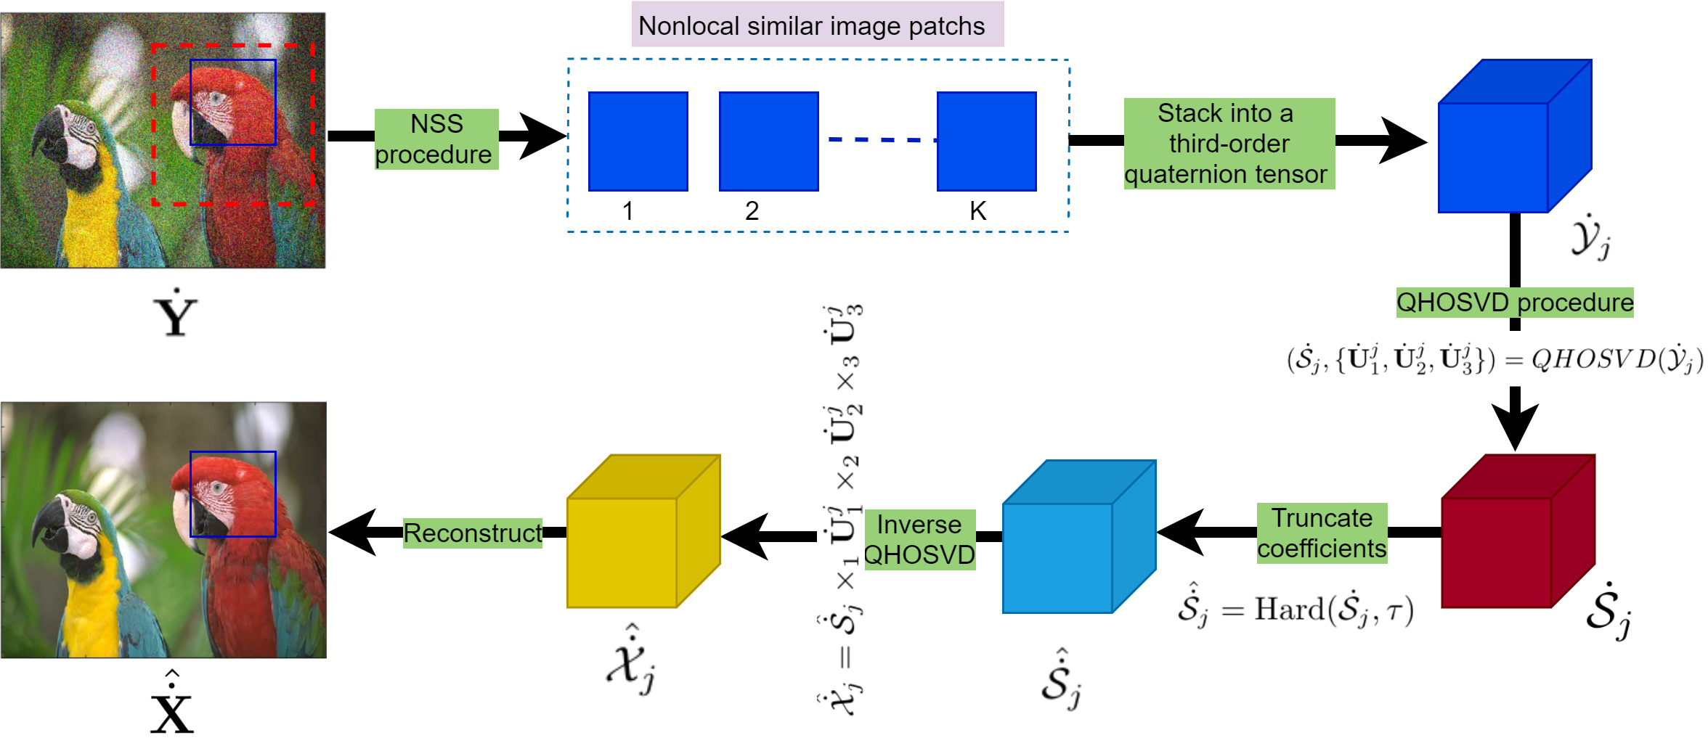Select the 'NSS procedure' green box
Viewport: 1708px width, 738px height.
coord(436,139)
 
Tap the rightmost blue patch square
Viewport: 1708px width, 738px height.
coord(986,142)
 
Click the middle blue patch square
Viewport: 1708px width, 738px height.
coord(768,142)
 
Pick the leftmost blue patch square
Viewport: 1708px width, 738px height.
coord(638,142)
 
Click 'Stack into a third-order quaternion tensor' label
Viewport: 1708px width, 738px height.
coord(1229,144)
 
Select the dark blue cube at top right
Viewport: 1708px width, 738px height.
coord(1503,145)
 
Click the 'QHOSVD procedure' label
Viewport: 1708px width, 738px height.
coord(1515,303)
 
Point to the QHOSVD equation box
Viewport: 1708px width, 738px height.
coord(1494,359)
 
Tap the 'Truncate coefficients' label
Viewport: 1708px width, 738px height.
coord(1322,533)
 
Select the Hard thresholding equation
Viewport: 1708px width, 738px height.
coord(1296,606)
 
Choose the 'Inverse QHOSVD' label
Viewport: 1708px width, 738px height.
coord(919,540)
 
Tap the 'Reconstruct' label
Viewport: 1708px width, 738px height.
coord(472,533)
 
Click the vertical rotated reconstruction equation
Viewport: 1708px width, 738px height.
coord(841,514)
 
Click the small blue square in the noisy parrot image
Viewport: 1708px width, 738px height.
coord(233,102)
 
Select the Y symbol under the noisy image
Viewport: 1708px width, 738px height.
coord(177,311)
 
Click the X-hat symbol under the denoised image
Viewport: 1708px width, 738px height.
coord(171,700)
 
